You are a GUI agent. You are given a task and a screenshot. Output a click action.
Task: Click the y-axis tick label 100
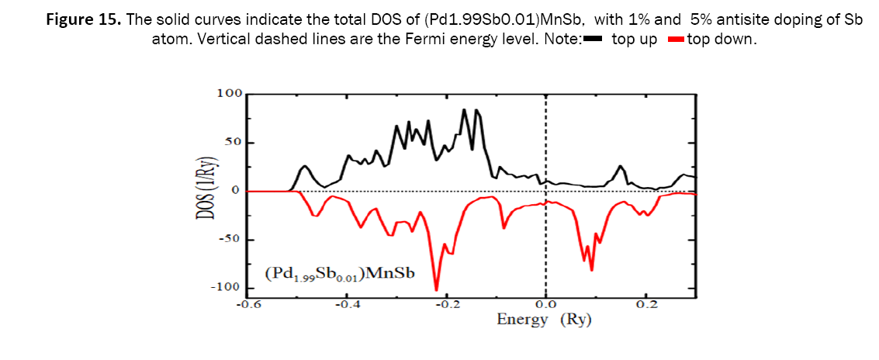pyautogui.click(x=230, y=94)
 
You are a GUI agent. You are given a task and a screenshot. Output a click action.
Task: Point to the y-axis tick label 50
pyautogui.click(x=234, y=143)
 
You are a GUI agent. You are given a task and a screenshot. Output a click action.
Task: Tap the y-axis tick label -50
pyautogui.click(x=230, y=239)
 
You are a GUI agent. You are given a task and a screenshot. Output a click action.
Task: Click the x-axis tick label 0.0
pyautogui.click(x=546, y=305)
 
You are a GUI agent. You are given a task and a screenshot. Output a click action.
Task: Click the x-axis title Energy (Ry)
pyautogui.click(x=544, y=320)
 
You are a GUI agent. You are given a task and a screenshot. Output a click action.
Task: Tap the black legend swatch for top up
pyautogui.click(x=593, y=40)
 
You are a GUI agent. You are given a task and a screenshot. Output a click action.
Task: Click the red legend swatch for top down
pyautogui.click(x=675, y=40)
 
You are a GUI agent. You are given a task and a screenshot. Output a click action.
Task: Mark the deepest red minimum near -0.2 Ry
pyautogui.click(x=436, y=289)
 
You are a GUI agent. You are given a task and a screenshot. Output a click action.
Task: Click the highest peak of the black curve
pyautogui.click(x=464, y=109)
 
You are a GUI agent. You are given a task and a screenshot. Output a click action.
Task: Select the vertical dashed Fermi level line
pyautogui.click(x=546, y=233)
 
